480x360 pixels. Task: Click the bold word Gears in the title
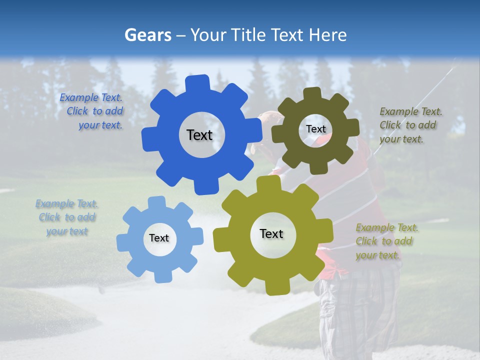[x=147, y=35]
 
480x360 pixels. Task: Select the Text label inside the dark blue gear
[x=199, y=135]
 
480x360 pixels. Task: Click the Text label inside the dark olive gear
[x=315, y=129]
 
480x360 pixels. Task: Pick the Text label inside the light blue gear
[x=159, y=238]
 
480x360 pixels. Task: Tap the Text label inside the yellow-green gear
[x=271, y=233]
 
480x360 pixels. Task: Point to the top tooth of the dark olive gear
[x=312, y=94]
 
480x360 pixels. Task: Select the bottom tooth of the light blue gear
[x=161, y=276]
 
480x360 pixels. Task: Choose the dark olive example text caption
[x=410, y=125]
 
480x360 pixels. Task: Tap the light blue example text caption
[x=67, y=217]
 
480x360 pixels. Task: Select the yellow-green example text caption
[x=386, y=241]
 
